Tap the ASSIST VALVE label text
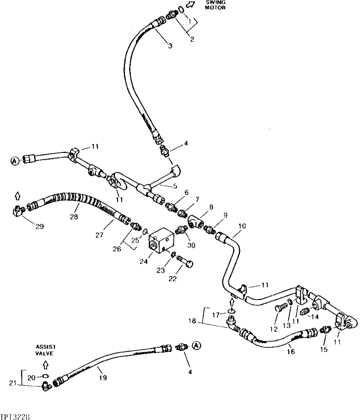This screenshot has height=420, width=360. coord(45,350)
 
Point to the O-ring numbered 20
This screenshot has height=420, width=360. coord(45,376)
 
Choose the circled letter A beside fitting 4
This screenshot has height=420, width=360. coord(196,346)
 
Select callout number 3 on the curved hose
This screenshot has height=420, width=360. coord(170,46)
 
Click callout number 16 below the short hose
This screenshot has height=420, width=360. coord(290,352)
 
